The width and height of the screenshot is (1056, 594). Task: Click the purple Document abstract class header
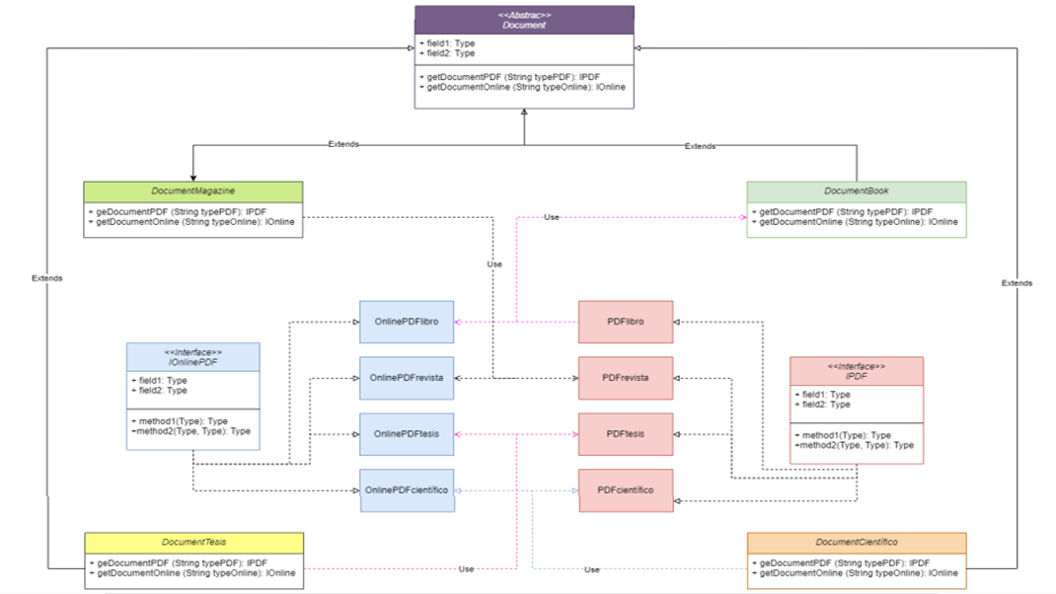[524, 20]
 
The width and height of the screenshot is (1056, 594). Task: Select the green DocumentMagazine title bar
[193, 190]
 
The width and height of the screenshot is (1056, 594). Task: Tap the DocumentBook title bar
[856, 190]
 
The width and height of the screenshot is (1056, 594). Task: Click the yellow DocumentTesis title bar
[193, 542]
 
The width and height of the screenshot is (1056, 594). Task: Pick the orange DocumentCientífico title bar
[856, 542]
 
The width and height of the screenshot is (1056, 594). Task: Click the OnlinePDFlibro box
[407, 322]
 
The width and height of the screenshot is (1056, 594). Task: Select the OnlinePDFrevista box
[407, 378]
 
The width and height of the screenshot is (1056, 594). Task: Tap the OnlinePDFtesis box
[407, 434]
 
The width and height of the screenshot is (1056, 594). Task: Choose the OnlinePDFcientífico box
[407, 490]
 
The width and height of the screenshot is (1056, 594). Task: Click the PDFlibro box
[625, 322]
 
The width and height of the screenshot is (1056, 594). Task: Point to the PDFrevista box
[625, 378]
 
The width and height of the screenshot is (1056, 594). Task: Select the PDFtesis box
[625, 434]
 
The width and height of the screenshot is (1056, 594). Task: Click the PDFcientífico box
[625, 490]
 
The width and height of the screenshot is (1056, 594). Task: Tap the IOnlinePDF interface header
[193, 356]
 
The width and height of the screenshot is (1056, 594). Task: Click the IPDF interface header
[856, 371]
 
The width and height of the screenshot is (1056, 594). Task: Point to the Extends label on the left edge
[46, 278]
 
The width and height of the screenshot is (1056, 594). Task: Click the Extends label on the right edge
[1017, 283]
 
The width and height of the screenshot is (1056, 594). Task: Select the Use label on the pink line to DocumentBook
[552, 217]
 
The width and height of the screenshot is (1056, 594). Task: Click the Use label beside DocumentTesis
[466, 569]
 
